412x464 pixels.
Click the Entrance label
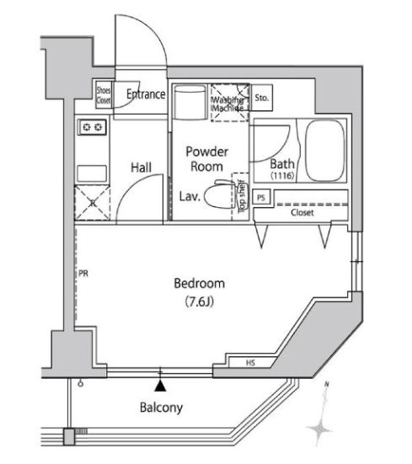click(146, 95)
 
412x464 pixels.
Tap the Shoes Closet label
click(103, 94)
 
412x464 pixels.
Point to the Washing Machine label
click(227, 102)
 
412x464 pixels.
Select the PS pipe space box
click(261, 199)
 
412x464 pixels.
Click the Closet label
click(302, 213)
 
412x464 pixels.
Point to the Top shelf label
click(242, 195)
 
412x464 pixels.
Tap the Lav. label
click(189, 198)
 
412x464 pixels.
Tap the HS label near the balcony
click(250, 363)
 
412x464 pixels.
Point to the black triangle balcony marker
click(161, 386)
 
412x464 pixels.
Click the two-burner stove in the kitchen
click(91, 127)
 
